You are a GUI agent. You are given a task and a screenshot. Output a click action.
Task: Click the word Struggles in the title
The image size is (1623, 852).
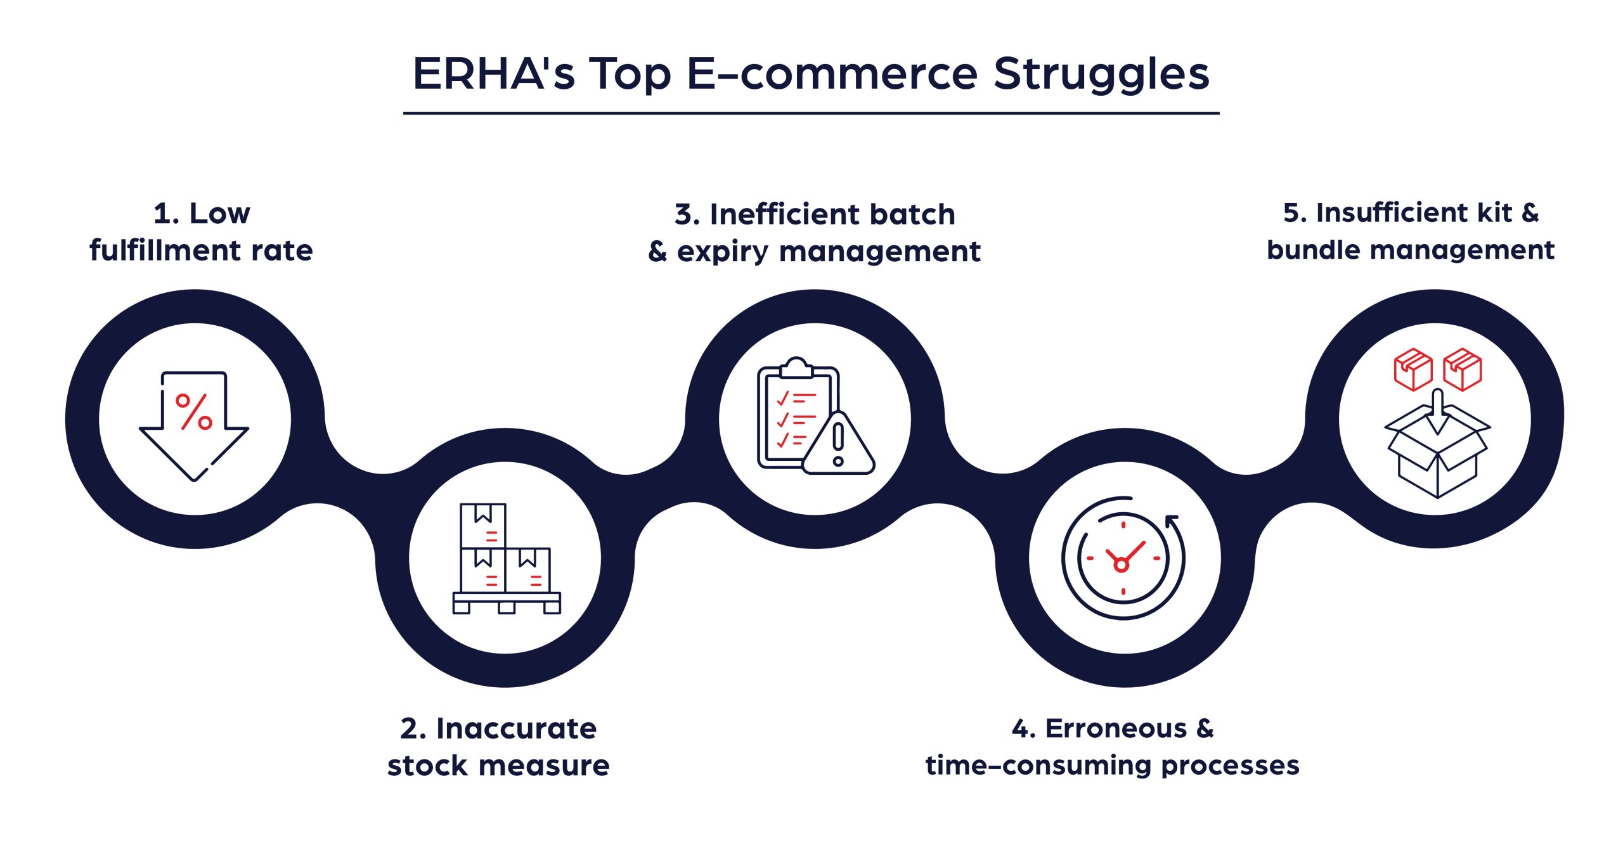1101,75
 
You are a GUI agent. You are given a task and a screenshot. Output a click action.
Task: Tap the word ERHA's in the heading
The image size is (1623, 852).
493,74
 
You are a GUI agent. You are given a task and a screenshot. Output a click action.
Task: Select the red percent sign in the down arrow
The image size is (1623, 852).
193,412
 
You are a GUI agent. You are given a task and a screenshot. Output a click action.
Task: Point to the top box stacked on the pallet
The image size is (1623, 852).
483,526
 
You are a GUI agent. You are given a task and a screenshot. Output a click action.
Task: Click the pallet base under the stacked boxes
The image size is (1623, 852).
507,602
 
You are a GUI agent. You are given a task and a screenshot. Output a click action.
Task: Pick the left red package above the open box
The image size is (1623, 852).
1413,369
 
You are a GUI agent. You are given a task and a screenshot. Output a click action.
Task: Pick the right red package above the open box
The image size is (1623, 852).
1462,369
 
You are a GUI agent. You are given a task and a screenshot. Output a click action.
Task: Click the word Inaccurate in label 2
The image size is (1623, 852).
516,728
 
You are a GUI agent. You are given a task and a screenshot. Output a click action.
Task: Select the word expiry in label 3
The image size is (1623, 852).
723,252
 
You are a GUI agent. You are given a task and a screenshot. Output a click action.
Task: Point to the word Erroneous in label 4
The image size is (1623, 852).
1115,728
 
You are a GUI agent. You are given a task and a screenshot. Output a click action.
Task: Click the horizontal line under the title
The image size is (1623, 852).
811,113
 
